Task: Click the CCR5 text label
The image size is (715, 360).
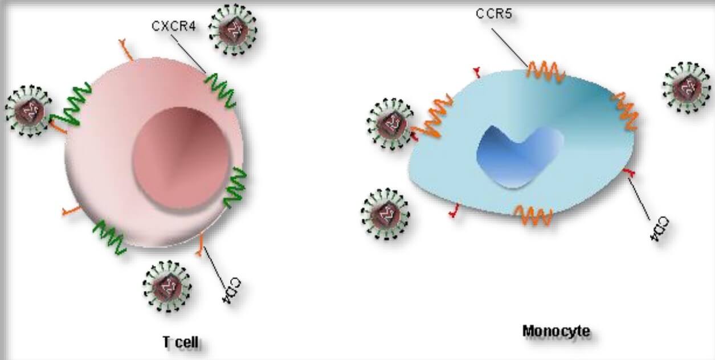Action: tap(493, 14)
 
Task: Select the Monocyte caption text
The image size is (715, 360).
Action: tap(556, 331)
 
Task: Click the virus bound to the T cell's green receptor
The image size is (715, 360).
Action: tap(29, 111)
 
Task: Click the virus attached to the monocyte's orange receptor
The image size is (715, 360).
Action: tap(391, 124)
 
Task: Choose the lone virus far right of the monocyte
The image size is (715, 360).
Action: tap(686, 88)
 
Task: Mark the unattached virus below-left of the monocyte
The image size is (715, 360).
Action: tap(385, 214)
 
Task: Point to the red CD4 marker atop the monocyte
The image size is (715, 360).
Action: tap(477, 72)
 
